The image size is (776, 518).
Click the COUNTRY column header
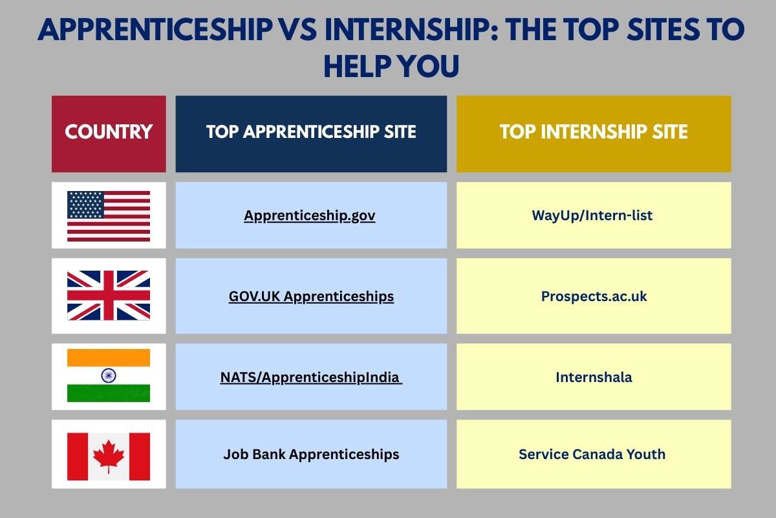coord(109,133)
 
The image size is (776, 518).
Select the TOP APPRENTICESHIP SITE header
coord(311,133)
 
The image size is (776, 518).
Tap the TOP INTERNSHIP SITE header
coord(594,133)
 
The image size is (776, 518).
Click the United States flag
coord(109,216)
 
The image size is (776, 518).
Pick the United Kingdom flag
coord(109,296)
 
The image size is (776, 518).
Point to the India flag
coord(109,376)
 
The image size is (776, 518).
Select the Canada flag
coord(109,455)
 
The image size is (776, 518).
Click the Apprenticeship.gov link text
coord(310,216)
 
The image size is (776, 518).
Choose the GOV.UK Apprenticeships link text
coord(311,297)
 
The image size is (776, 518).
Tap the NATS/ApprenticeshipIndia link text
coord(310,376)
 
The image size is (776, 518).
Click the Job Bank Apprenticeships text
coord(311,455)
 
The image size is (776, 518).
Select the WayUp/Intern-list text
coord(592,216)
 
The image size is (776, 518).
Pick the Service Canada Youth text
coord(592,455)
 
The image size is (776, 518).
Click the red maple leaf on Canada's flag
coord(109,455)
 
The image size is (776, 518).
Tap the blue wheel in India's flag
coord(109,376)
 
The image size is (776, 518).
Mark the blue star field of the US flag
coord(85,204)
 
